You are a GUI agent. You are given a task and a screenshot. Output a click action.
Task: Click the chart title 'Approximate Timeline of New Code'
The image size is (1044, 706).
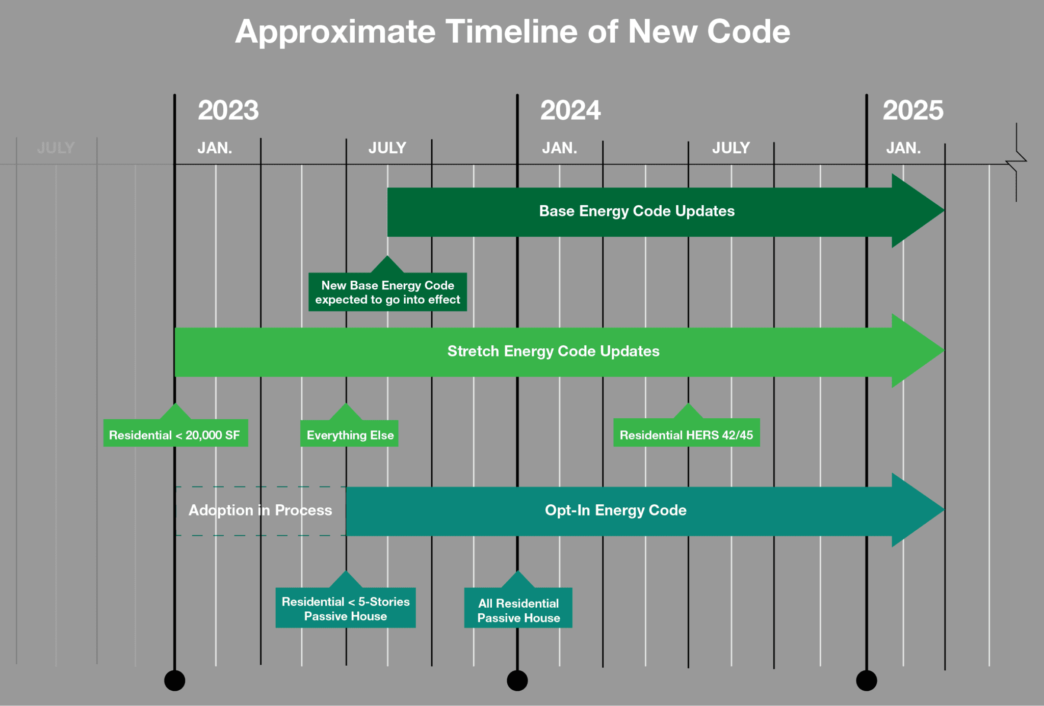(x=512, y=32)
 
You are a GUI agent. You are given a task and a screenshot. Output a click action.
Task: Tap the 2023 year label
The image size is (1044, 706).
(x=228, y=111)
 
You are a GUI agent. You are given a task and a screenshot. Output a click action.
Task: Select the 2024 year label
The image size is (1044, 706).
(x=570, y=111)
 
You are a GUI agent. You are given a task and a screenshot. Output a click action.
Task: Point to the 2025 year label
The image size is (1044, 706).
(x=912, y=111)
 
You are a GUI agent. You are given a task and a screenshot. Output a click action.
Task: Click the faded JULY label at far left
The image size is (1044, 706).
(x=56, y=148)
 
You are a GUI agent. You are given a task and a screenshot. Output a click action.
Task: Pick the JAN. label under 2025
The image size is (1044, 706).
(x=903, y=148)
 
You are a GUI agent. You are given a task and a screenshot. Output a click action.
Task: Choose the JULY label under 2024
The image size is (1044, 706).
(x=730, y=148)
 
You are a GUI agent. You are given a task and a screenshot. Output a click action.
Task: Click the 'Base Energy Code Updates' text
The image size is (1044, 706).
(x=637, y=211)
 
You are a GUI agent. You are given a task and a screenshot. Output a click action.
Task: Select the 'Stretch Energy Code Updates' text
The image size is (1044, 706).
(x=553, y=351)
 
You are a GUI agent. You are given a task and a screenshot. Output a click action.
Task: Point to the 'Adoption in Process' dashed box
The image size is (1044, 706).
(x=260, y=510)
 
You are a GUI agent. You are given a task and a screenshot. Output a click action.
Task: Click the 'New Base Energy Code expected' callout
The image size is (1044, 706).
(x=387, y=292)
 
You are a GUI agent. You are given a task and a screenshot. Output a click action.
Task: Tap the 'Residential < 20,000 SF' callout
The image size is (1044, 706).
(x=175, y=434)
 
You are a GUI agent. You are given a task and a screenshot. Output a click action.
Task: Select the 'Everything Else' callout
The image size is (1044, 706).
(x=350, y=435)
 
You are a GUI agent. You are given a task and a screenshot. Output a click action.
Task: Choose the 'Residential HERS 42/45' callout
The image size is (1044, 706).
(x=686, y=434)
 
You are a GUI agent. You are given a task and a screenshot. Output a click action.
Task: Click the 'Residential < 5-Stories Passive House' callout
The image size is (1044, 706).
(x=346, y=608)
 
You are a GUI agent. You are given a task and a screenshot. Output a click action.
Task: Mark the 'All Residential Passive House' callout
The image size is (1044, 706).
(x=518, y=609)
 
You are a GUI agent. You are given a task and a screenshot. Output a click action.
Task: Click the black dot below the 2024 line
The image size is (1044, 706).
(x=517, y=681)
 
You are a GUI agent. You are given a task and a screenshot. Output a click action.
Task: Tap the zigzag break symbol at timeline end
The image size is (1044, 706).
(x=1016, y=162)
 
